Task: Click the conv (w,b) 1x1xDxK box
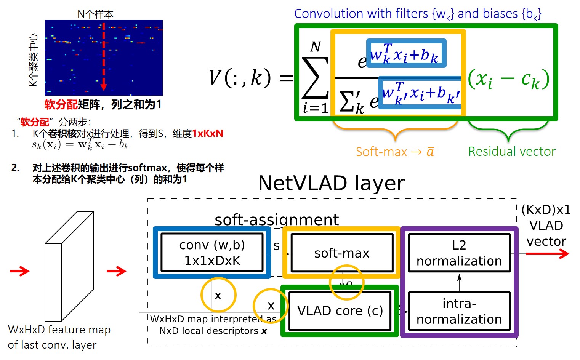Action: pyautogui.click(x=212, y=253)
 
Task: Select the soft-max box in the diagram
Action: pyautogui.click(x=341, y=253)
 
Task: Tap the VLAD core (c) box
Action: pyautogui.click(x=340, y=311)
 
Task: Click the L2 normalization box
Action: pyautogui.click(x=459, y=253)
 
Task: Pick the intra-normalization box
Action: pyautogui.click(x=459, y=311)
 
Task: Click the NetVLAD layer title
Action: pyautogui.click(x=331, y=183)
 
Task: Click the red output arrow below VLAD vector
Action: pyautogui.click(x=547, y=254)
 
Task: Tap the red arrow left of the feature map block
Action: pyautogui.click(x=20, y=271)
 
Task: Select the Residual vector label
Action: pyautogui.click(x=512, y=152)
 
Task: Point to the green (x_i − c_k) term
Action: pyautogui.click(x=508, y=79)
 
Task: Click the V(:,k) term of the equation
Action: pyautogui.click(x=240, y=78)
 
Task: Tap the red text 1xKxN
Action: pyautogui.click(x=208, y=134)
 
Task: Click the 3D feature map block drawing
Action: pyautogui.click(x=69, y=267)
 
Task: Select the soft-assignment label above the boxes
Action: pyautogui.click(x=276, y=220)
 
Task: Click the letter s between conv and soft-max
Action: pyautogui.click(x=277, y=246)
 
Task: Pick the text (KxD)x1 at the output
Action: pyautogui.click(x=546, y=210)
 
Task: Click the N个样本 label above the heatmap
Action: pyautogui.click(x=95, y=14)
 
